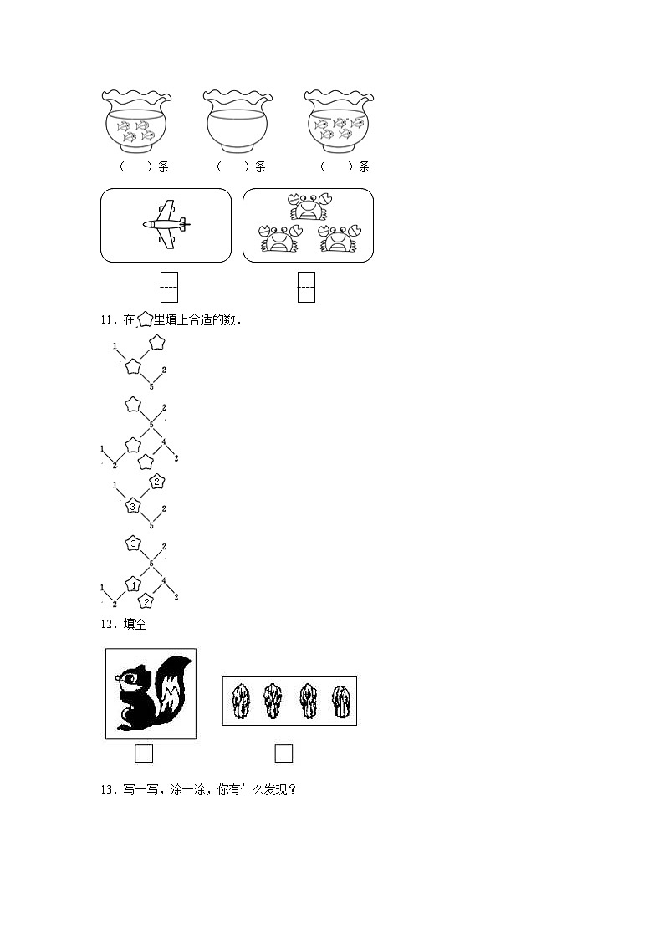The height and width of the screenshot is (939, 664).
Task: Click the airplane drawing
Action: coord(166,224)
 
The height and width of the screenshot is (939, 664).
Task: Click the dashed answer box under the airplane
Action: coord(169,287)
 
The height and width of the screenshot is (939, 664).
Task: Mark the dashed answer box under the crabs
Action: coord(306,287)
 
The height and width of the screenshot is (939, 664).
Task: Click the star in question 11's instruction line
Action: coord(145,319)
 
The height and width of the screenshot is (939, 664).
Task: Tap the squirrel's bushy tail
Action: coord(171,690)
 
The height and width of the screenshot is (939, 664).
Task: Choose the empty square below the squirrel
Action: coord(144,753)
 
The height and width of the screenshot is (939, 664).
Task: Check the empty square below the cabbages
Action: coord(283,753)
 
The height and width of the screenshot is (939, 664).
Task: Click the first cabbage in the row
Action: coord(241,701)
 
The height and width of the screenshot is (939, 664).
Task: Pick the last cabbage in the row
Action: coord(340,701)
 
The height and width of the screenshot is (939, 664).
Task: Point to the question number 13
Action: coord(105,789)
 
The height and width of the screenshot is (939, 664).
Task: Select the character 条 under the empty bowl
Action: coord(260,166)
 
